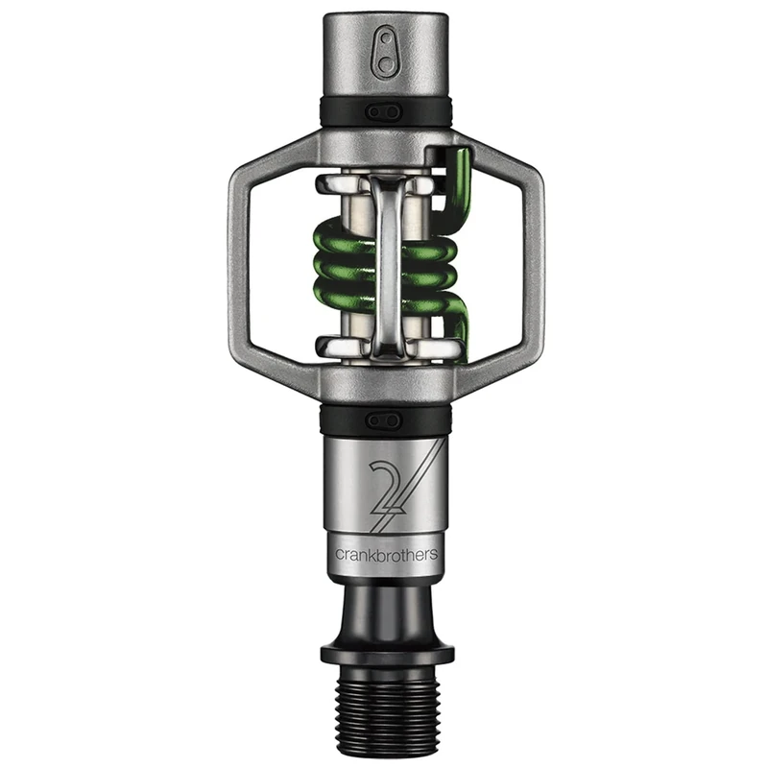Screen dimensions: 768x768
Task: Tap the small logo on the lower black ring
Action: click(x=384, y=419)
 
